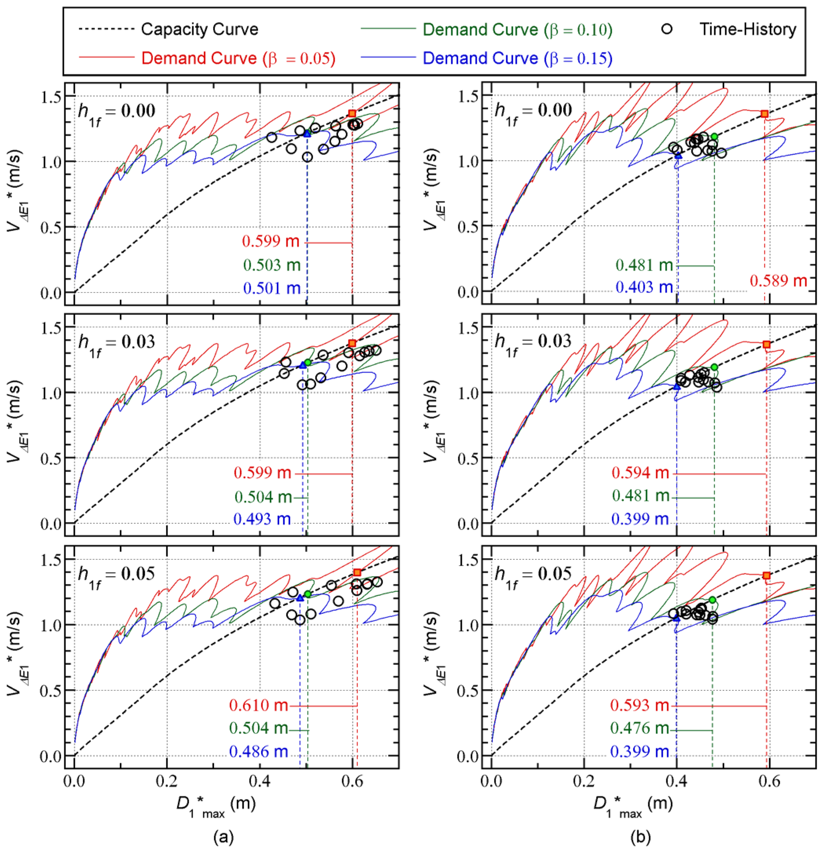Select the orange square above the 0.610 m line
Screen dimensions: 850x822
(357, 572)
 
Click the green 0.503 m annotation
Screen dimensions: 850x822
(272, 265)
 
